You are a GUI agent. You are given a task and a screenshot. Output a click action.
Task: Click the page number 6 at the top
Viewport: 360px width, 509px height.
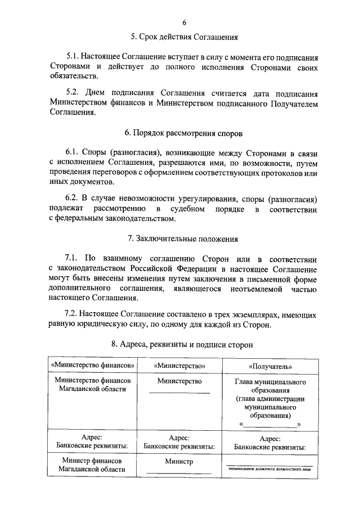pyautogui.click(x=184, y=22)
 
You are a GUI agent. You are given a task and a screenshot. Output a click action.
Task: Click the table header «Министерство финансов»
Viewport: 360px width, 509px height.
pyautogui.click(x=93, y=364)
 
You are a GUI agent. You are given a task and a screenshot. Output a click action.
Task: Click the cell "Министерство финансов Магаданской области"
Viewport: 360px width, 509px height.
pyautogui.click(x=93, y=385)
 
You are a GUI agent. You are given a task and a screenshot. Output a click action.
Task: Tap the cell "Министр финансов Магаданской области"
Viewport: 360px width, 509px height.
pyautogui.click(x=93, y=465)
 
